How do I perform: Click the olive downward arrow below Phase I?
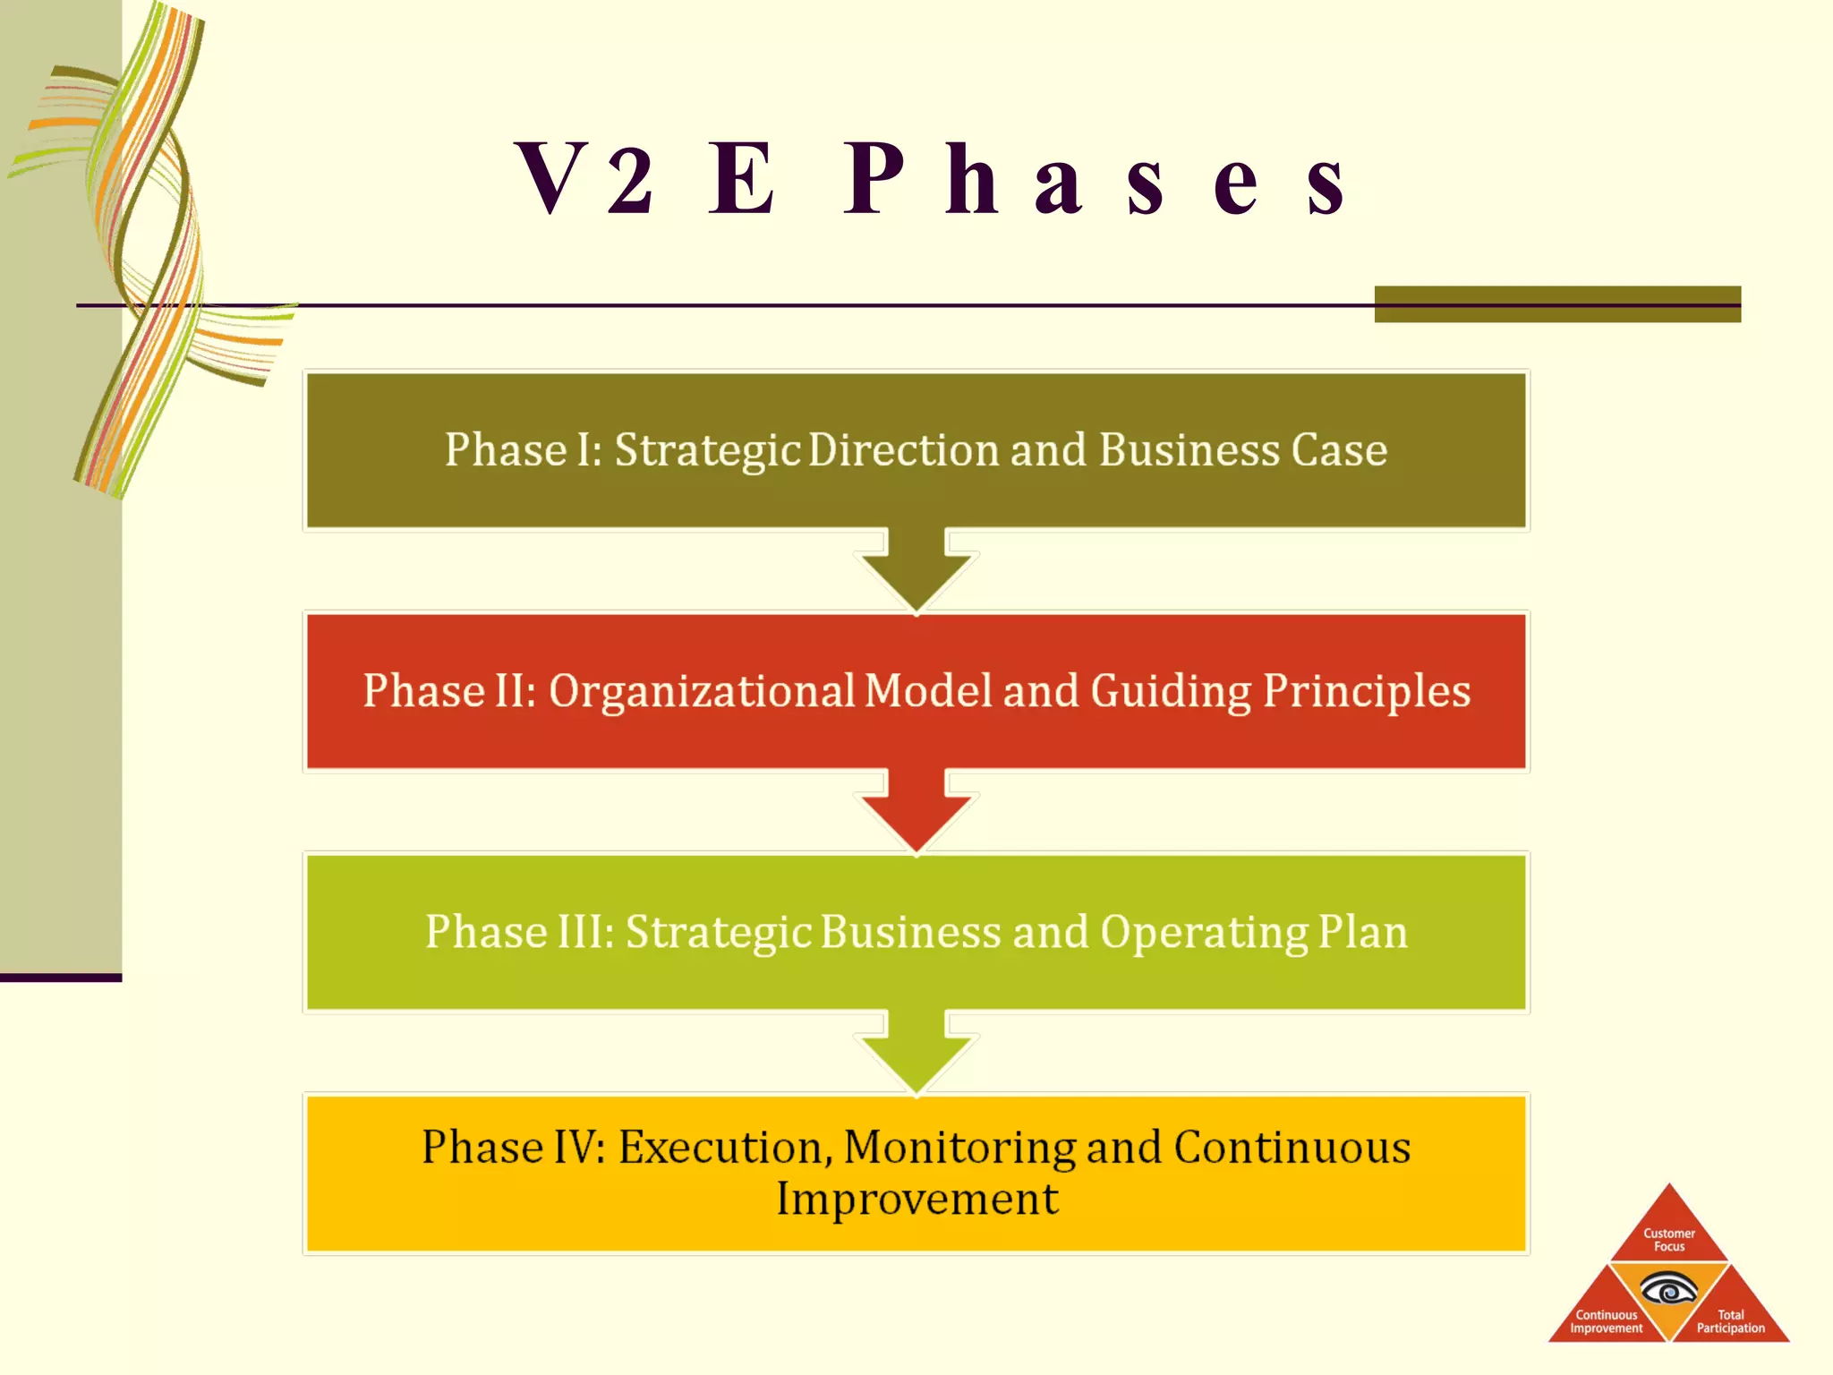(916, 569)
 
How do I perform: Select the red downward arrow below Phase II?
(916, 810)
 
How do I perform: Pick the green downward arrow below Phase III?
(916, 1052)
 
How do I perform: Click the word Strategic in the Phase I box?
(706, 450)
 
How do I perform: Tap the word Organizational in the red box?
(702, 692)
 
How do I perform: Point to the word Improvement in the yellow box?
(916, 1200)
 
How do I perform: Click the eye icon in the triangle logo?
(1668, 1292)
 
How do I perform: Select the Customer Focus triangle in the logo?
(1668, 1235)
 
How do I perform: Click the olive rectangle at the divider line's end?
(1557, 304)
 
